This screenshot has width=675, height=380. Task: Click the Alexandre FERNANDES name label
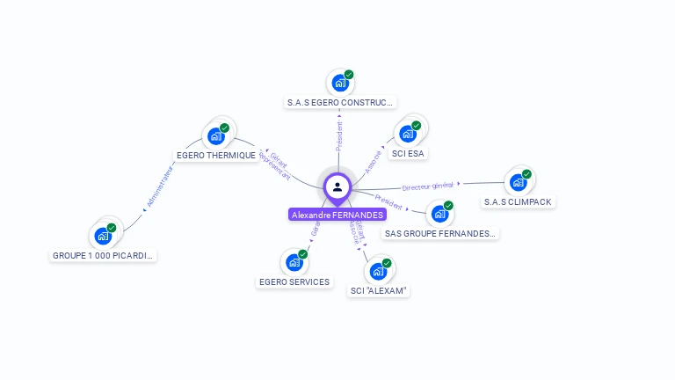(337, 215)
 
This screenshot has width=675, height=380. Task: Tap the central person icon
(337, 186)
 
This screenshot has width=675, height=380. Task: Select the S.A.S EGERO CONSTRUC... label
(341, 102)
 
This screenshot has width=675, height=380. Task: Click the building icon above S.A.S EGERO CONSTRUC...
(339, 84)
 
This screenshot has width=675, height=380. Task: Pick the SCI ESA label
(408, 153)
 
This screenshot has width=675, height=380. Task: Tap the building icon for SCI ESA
(407, 134)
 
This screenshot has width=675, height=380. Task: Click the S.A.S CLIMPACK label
(518, 201)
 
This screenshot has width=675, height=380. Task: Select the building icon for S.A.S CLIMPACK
(518, 182)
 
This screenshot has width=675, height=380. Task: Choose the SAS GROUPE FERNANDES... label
(440, 234)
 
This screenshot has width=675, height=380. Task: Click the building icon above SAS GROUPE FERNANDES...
(439, 214)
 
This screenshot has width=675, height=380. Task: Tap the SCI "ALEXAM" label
(379, 290)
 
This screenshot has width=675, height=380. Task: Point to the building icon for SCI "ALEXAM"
(378, 271)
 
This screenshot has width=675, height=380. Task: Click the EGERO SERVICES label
(294, 281)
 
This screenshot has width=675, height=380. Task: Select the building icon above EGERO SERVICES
(294, 262)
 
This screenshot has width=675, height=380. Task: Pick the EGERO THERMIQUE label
(216, 155)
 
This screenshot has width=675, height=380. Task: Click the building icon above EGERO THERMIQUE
(215, 136)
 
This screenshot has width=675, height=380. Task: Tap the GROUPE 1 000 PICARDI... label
(104, 255)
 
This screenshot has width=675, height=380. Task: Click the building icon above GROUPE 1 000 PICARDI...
(103, 236)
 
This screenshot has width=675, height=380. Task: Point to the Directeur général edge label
(427, 186)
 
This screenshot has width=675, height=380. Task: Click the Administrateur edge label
(158, 187)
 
